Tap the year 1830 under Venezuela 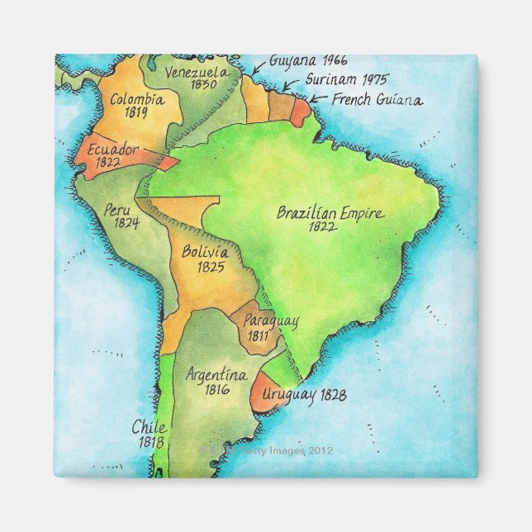click(x=202, y=84)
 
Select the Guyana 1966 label click(x=297, y=60)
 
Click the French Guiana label click(x=377, y=100)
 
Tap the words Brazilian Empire click(x=330, y=213)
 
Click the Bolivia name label click(x=206, y=252)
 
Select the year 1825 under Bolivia click(x=207, y=267)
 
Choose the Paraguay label click(x=271, y=319)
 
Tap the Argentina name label click(x=216, y=374)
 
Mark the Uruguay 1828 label click(x=304, y=395)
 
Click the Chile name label click(x=149, y=428)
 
